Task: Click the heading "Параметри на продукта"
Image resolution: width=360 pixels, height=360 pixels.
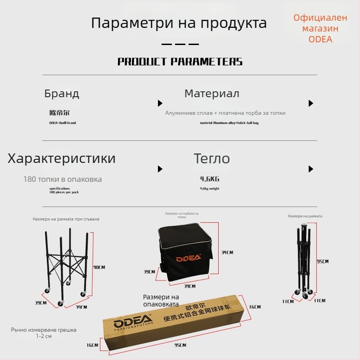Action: click(x=179, y=23)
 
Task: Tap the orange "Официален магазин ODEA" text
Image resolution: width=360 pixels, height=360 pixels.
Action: click(x=320, y=28)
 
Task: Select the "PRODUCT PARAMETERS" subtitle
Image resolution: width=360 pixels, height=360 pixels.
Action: click(x=180, y=62)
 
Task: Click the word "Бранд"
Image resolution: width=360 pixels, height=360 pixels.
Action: click(x=62, y=94)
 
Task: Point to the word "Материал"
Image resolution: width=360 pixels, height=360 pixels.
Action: click(x=211, y=94)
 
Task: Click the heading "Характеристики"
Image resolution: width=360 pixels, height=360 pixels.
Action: click(x=62, y=158)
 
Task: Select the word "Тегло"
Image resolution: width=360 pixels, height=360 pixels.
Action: click(x=211, y=158)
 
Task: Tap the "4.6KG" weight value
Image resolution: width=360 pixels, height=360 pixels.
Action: click(x=210, y=179)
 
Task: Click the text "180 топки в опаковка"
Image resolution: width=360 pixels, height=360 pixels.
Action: click(x=63, y=179)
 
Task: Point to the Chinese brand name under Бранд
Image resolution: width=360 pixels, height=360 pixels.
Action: click(x=59, y=113)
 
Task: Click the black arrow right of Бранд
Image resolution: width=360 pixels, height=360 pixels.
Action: click(x=160, y=103)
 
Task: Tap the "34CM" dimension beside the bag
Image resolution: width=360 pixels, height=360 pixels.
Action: click(x=227, y=252)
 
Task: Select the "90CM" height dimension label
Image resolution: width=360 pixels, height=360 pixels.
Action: click(x=99, y=267)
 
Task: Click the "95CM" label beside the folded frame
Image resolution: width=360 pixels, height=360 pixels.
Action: click(x=322, y=261)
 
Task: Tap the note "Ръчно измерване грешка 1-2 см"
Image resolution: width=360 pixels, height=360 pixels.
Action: click(x=44, y=333)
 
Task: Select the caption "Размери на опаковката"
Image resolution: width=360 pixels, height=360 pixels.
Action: click(x=161, y=300)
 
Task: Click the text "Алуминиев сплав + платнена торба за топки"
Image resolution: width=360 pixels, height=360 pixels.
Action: click(x=225, y=113)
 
